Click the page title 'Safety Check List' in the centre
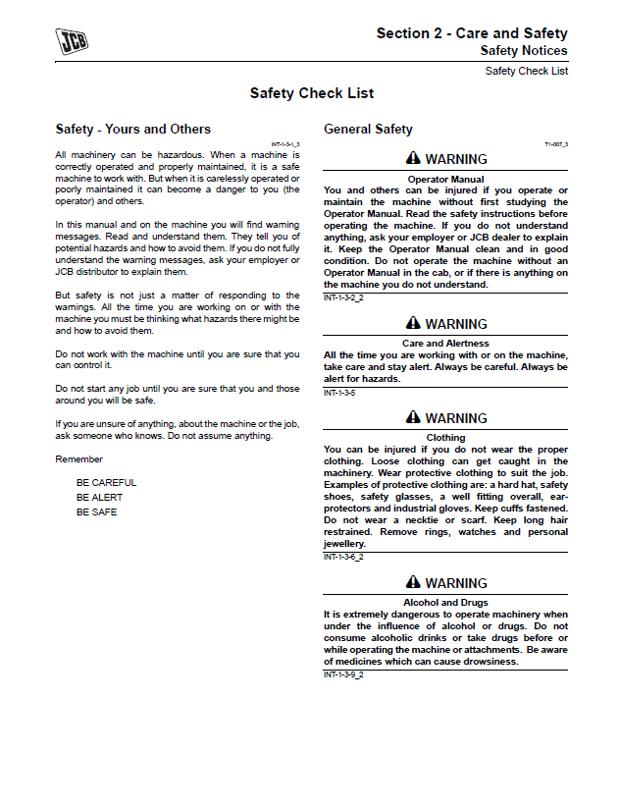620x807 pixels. tap(311, 94)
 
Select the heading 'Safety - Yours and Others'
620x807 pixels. tap(132, 130)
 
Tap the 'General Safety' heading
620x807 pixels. tap(368, 130)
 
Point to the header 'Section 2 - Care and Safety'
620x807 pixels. tap(472, 33)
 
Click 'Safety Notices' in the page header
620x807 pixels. tap(524, 50)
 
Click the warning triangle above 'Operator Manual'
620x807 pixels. tap(413, 159)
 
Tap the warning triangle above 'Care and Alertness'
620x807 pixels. tap(413, 324)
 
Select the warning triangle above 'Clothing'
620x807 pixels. tap(413, 418)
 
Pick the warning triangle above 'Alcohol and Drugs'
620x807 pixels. tap(413, 583)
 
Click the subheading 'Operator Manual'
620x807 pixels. tap(445, 180)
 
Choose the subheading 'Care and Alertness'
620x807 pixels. tap(445, 344)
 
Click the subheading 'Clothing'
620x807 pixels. tap(445, 438)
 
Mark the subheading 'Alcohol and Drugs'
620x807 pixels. tap(445, 603)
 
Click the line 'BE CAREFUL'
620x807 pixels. tap(106, 483)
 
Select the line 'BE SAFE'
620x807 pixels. tap(96, 512)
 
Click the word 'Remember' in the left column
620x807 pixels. tap(78, 459)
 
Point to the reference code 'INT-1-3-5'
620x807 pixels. tap(339, 393)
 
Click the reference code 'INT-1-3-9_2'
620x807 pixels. tap(343, 674)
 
